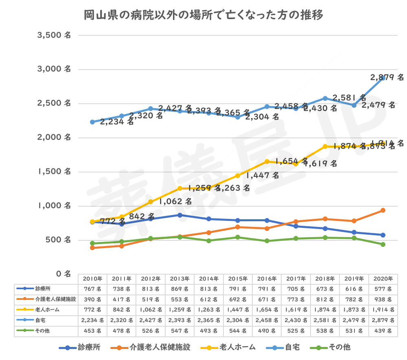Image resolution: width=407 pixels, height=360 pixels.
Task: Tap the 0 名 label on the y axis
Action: click(63, 274)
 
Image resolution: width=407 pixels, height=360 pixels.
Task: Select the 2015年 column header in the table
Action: click(238, 279)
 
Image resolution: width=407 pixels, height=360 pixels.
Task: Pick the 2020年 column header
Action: click(383, 279)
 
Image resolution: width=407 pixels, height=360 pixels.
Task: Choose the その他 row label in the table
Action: click(42, 331)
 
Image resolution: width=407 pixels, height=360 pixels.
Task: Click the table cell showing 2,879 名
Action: click(383, 321)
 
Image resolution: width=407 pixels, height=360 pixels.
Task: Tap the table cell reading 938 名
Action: click(383, 299)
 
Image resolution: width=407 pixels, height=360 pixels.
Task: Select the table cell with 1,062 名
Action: click(151, 310)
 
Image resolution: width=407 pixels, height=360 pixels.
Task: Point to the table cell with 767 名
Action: click(92, 289)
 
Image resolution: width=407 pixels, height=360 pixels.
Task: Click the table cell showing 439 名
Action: click(383, 331)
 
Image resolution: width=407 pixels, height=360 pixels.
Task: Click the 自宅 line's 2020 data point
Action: click(383, 78)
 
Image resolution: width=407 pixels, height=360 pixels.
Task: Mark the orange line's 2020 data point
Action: click(383, 210)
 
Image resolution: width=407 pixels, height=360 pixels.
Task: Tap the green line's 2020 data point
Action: click(383, 244)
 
